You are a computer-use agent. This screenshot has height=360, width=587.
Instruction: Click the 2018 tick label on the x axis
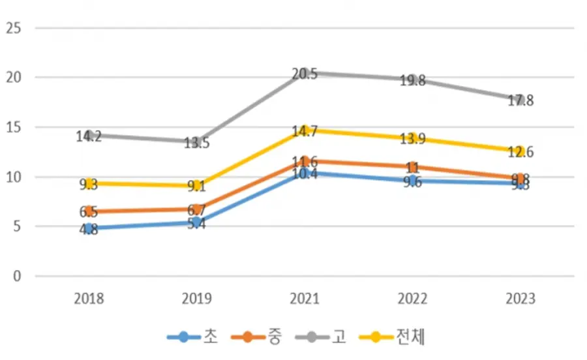tap(89, 299)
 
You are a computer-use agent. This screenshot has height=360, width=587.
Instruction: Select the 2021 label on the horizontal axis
tap(305, 299)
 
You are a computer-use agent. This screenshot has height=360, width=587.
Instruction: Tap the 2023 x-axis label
tap(520, 299)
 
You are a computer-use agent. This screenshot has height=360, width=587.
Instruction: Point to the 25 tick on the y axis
tap(13, 28)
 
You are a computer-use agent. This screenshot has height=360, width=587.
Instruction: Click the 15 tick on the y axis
tap(13, 127)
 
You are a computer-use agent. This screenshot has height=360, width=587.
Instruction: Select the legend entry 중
tap(274, 337)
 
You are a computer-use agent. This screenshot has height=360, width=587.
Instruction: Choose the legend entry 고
tap(339, 337)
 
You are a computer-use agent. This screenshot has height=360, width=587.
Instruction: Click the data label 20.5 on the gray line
tap(305, 74)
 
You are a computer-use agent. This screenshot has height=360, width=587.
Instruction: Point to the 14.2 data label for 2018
tap(89, 137)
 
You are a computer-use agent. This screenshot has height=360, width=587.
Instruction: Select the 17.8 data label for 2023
tap(521, 101)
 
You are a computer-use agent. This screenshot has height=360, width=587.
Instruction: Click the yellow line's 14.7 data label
tap(305, 132)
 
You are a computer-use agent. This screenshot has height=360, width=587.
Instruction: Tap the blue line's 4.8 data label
tap(89, 230)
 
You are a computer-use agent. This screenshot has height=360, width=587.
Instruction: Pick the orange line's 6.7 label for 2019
tap(196, 210)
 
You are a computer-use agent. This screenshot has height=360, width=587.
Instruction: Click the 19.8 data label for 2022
tap(413, 81)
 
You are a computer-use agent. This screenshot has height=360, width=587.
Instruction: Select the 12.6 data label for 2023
tap(521, 153)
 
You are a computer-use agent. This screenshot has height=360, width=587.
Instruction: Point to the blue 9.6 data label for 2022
tap(413, 182)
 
